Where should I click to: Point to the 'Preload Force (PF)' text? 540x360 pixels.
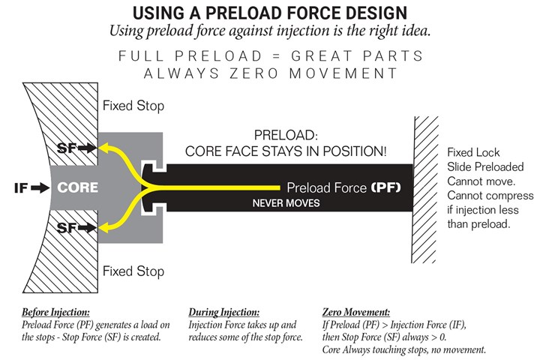click(346, 187)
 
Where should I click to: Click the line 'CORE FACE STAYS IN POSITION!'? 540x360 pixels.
click(286, 151)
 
